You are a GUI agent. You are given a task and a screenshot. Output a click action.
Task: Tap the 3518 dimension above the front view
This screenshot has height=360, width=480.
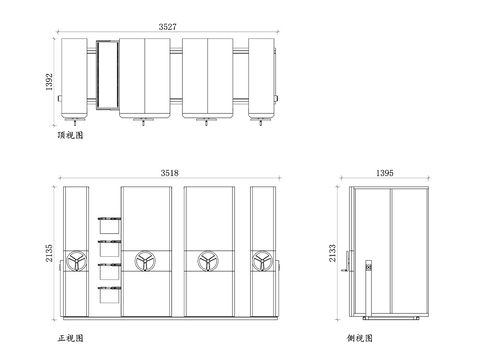tap(169, 173)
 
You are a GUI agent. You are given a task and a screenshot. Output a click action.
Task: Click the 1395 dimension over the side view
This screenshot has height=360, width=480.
tap(385, 173)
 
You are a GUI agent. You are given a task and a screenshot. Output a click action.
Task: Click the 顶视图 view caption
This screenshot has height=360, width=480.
tap(70, 133)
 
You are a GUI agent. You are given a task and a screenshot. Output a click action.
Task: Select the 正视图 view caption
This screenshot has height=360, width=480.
tap(71, 338)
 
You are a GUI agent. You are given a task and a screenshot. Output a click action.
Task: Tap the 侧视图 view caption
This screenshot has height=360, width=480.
tap(358, 338)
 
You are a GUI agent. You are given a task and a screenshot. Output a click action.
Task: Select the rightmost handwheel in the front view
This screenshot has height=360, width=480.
tap(263, 261)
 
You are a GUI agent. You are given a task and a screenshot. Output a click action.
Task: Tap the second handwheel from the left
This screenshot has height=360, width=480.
tap(145, 261)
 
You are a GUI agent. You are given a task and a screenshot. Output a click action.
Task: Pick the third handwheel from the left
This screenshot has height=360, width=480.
tap(209, 261)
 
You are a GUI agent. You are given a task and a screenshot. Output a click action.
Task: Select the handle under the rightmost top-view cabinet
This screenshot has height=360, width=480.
tap(264, 123)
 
